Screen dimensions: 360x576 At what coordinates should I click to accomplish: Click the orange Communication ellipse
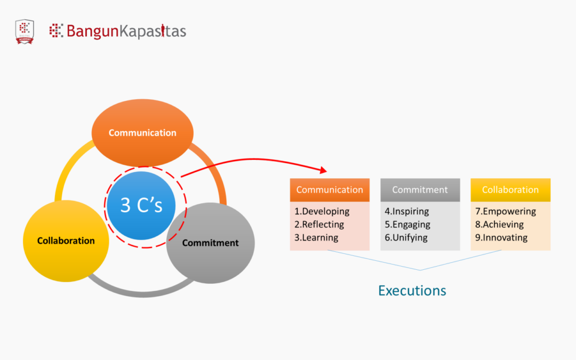(142, 133)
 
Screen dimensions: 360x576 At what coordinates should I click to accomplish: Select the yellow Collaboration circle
(66, 241)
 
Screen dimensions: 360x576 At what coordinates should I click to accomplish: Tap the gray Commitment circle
(210, 243)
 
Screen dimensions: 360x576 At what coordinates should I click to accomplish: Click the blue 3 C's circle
(141, 205)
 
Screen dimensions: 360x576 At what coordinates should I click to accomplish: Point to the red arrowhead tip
(326, 171)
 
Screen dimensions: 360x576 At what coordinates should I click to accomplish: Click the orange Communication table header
(330, 190)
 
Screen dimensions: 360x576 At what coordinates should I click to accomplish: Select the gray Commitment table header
(420, 190)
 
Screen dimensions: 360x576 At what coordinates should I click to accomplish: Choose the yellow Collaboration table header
(510, 190)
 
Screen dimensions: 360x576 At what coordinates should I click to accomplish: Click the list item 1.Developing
(322, 211)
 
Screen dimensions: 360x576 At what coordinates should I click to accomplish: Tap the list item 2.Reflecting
(319, 225)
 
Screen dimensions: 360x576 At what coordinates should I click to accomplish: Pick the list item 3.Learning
(316, 238)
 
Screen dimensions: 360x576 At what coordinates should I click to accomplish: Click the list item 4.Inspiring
(406, 211)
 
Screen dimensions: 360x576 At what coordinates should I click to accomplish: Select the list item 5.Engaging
(407, 225)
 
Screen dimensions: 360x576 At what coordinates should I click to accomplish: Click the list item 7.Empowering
(505, 211)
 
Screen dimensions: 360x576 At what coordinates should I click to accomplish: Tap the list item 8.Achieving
(499, 225)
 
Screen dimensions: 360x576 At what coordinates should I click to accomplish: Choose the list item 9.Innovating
(501, 238)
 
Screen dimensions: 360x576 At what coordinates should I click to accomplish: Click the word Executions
(412, 291)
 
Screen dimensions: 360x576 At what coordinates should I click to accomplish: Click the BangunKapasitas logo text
(126, 31)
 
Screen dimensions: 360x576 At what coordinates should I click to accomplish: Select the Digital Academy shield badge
(25, 31)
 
